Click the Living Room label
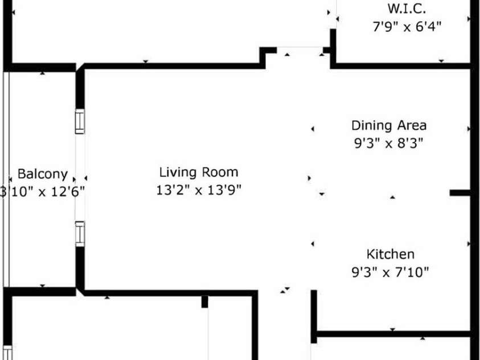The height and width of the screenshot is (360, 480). click(198, 172)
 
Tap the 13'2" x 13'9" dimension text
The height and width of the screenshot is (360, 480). click(198, 190)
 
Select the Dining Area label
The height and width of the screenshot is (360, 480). click(388, 125)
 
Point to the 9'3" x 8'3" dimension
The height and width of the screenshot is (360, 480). click(388, 144)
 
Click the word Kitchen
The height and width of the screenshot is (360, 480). click(390, 254)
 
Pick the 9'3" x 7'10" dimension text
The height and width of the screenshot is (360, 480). click(390, 272)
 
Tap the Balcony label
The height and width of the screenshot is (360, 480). click(42, 174)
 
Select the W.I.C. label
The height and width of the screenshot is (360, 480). click(407, 9)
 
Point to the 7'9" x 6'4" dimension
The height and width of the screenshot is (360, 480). click(407, 26)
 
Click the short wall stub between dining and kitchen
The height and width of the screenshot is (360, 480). click(460, 193)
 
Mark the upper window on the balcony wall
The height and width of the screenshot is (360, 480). click(80, 121)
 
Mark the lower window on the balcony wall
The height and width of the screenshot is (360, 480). click(80, 233)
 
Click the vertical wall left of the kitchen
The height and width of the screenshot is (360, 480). click(313, 316)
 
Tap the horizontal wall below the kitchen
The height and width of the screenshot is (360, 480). click(393, 333)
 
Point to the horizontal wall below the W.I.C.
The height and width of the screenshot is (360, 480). click(401, 66)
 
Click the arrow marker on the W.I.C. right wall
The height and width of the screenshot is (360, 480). click(469, 19)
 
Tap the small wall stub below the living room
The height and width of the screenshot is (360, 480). click(204, 301)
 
